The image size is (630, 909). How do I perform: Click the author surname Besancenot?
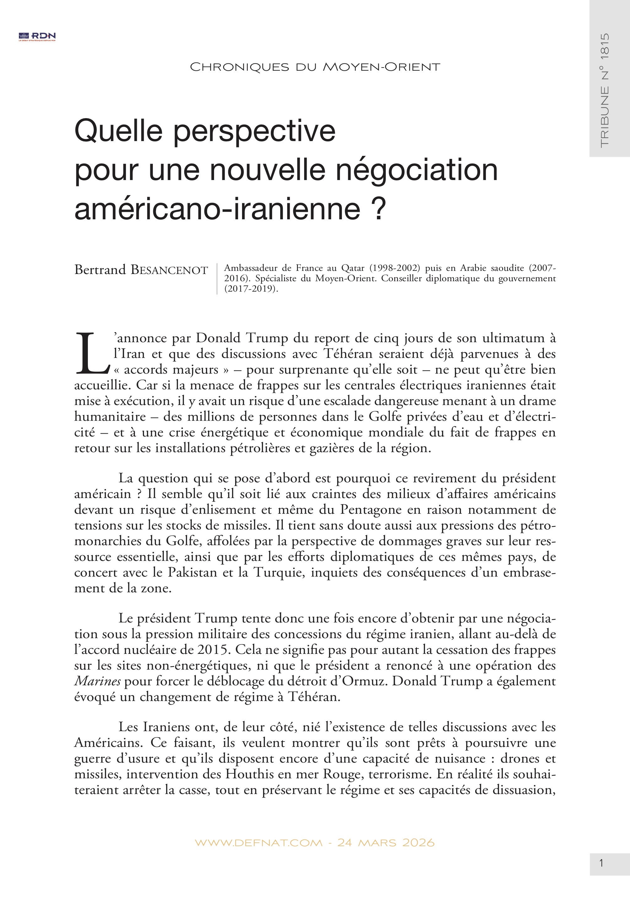169,270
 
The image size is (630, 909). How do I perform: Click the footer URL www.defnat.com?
259,843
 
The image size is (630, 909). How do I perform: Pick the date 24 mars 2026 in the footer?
386,843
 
